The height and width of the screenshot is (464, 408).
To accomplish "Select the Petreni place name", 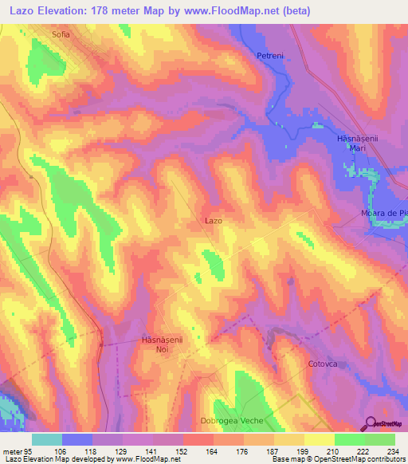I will (x=270, y=56).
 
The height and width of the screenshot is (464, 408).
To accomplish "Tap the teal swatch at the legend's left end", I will (x=46, y=439).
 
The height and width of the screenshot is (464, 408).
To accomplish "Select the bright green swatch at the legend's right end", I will (x=379, y=439).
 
